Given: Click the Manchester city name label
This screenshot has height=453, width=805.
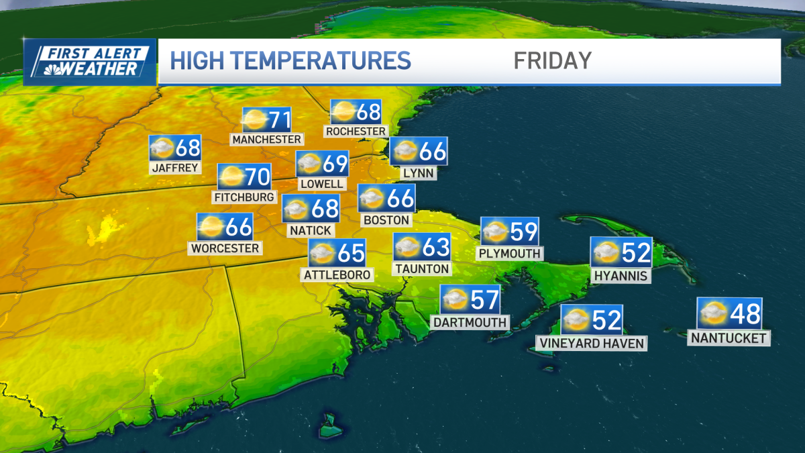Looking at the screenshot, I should coord(266,140).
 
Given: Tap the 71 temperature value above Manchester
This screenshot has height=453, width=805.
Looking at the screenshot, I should coord(279,121).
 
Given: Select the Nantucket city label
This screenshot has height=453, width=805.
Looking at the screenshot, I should coord(729,338).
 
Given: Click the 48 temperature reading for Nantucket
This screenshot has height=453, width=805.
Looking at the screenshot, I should coord(745,313).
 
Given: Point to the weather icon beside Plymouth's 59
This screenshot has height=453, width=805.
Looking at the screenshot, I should coord(495,232).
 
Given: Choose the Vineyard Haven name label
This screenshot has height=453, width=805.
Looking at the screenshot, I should coord(591,344).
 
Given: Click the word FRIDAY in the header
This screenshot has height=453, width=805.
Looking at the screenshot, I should coord(552,60).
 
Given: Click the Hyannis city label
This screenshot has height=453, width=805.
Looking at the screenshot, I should coord(621,276).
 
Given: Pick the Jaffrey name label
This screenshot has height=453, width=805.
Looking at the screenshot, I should coord(176,168).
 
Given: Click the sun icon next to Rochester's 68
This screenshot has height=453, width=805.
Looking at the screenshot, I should coord(343,112).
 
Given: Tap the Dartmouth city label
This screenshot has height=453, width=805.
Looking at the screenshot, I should coord(470,323).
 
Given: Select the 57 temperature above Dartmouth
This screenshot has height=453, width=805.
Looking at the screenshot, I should coord(484,299).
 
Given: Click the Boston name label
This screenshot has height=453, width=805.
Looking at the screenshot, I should coord(386,220).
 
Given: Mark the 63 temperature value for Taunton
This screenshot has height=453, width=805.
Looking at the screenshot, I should coord(435,248).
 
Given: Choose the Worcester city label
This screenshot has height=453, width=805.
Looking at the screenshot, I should coord(225,248).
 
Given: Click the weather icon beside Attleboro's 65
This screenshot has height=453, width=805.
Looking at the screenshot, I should coord(322,254).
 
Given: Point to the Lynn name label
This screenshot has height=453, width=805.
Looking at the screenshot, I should coord(419,173).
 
